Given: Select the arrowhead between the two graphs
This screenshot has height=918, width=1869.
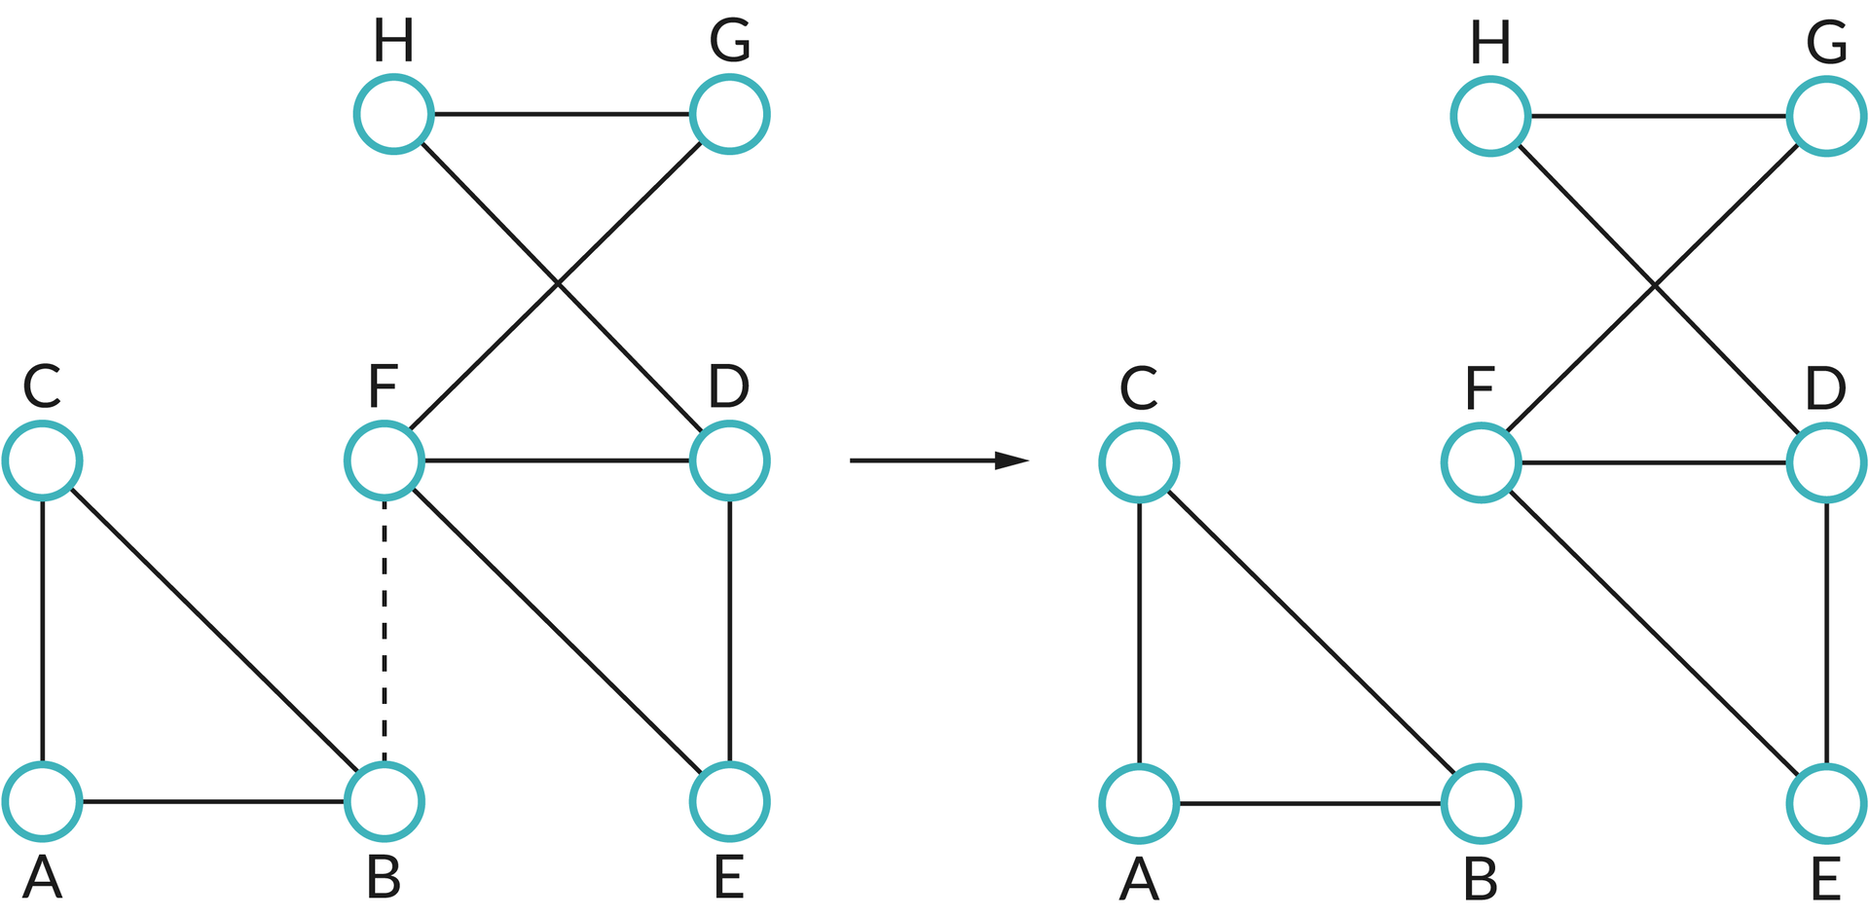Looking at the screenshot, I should [x=1010, y=460].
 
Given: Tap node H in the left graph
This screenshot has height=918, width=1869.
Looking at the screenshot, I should [x=393, y=115].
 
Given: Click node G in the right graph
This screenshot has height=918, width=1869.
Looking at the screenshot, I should [x=1826, y=117].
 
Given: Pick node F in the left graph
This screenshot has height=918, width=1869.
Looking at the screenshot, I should [x=385, y=460].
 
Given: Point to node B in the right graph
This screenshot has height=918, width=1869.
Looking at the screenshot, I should [x=1481, y=804].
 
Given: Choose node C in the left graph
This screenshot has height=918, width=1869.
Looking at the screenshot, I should [x=43, y=460].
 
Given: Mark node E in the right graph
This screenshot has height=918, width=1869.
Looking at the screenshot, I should [x=1826, y=804].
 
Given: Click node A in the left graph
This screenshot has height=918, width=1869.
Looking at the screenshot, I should [x=43, y=802].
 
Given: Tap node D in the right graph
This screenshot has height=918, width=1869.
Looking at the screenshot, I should [x=1826, y=462].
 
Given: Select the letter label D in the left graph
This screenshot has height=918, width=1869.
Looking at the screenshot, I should [x=729, y=387].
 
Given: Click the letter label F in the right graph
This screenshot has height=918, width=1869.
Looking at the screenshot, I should [x=1480, y=389].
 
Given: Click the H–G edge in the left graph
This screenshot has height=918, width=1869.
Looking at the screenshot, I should [x=562, y=115].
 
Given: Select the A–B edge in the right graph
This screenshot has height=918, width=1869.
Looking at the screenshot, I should [x=1310, y=804].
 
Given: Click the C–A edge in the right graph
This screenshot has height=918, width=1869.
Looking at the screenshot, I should [x=1139, y=633].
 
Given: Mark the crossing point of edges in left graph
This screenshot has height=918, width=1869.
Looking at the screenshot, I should [x=558, y=284].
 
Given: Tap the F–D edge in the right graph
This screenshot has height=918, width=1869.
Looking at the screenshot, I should [x=1653, y=462].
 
